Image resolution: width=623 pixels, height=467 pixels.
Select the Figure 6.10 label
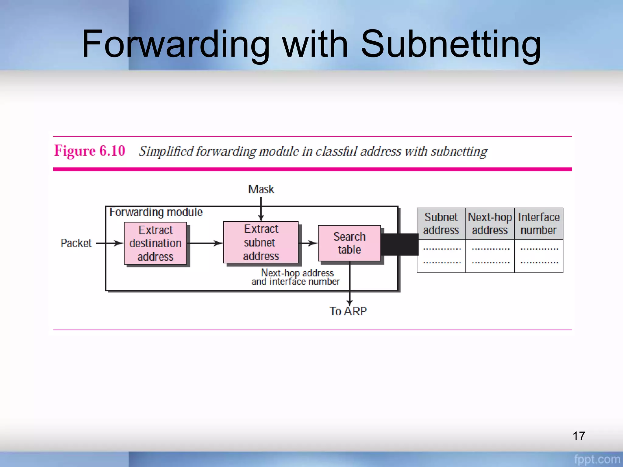click(89, 151)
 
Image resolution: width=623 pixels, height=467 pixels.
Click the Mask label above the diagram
click(261, 189)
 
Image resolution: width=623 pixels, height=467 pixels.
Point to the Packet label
click(76, 243)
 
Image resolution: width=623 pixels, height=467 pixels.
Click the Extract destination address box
click(155, 243)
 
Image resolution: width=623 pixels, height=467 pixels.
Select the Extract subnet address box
click(261, 242)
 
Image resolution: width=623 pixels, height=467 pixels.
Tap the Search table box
click(349, 243)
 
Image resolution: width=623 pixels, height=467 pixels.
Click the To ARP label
click(348, 311)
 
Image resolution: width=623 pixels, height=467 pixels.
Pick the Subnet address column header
click(441, 224)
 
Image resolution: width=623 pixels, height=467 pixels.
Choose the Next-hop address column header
click(490, 224)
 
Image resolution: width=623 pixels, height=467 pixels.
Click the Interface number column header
click(538, 224)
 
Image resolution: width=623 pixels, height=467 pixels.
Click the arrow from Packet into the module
click(110, 243)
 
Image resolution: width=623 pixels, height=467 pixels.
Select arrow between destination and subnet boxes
click(205, 243)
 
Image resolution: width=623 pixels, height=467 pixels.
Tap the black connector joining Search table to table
click(399, 244)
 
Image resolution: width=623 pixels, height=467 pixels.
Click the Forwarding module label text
click(156, 212)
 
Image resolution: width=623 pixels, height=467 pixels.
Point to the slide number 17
click(579, 436)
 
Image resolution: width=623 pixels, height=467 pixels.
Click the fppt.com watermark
click(597, 459)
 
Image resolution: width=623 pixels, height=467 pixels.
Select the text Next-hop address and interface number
click(296, 277)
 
